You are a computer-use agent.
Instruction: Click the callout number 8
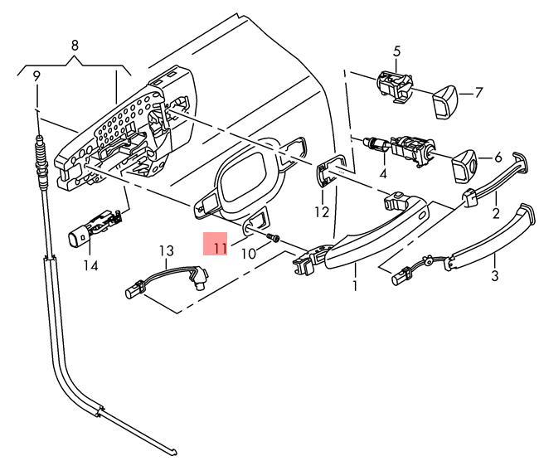click(75, 45)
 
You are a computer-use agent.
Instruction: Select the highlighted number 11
click(217, 246)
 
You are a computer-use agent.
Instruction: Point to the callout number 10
click(249, 253)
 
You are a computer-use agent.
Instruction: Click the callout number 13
click(167, 250)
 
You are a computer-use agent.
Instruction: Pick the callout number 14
click(90, 265)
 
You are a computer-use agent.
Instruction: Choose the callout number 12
click(321, 212)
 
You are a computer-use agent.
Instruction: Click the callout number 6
click(498, 157)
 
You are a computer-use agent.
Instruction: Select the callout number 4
click(383, 174)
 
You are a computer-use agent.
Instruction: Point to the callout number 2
click(495, 213)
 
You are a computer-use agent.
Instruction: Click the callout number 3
click(494, 275)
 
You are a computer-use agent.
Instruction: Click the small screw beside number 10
click(273, 240)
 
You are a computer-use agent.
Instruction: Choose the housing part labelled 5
click(395, 85)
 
